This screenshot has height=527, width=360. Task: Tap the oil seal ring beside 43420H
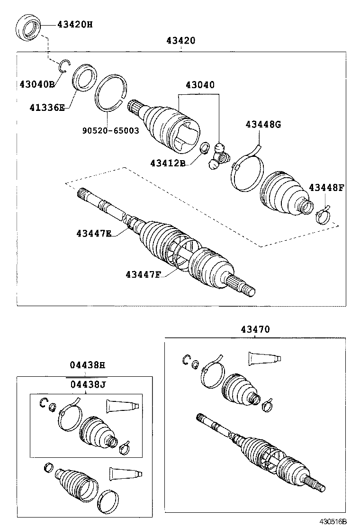point(29,28)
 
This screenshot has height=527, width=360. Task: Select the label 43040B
point(37,84)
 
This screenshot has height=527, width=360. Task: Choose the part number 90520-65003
point(109,130)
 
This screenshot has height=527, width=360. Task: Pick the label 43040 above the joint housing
point(199,85)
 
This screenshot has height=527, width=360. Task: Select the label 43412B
point(168,163)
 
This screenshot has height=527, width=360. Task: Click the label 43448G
point(263,125)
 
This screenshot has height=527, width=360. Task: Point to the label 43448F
point(326,187)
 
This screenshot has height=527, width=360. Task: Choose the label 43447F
point(144,274)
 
